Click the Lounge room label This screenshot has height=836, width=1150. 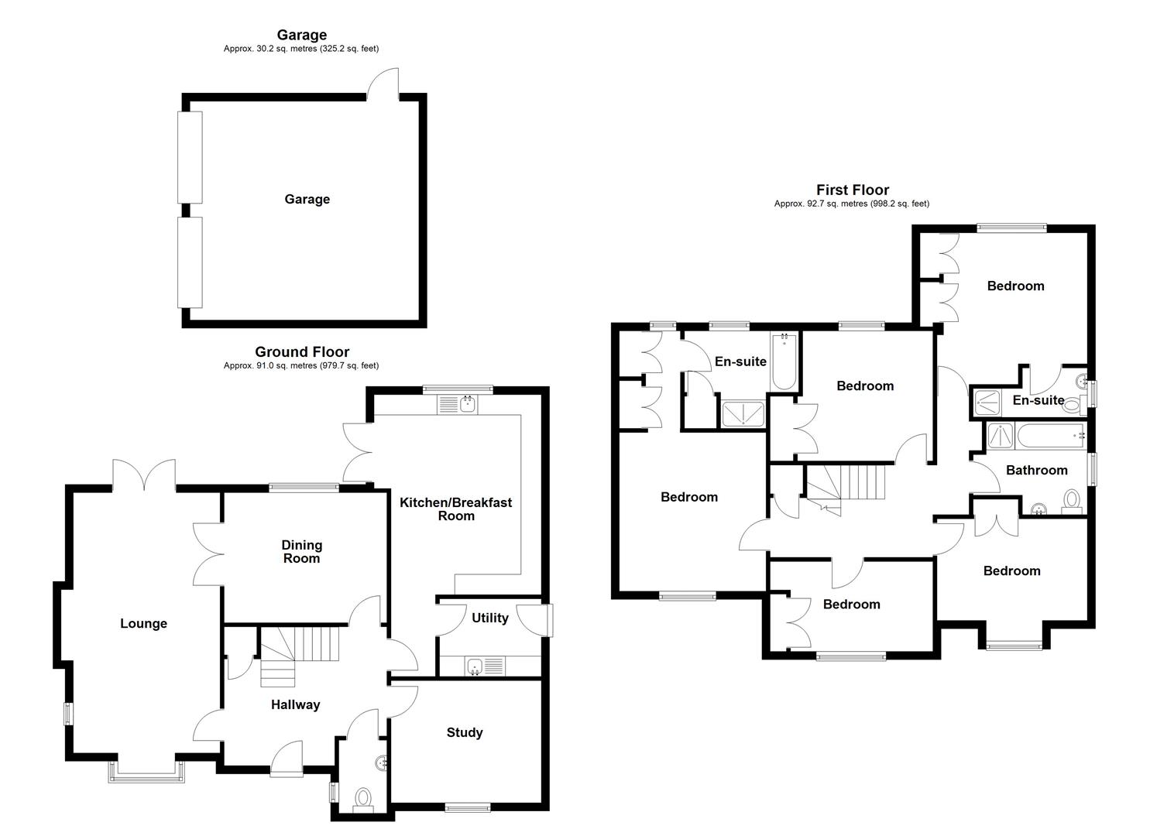tap(143, 623)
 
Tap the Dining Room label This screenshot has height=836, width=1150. tap(301, 552)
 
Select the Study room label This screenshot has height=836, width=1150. tap(465, 732)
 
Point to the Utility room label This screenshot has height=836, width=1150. tap(489, 618)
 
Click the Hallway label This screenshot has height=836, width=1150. tap(295, 704)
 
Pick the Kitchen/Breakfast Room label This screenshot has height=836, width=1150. tap(455, 509)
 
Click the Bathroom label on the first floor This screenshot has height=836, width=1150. tap(1036, 470)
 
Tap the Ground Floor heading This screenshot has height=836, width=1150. tap(302, 352)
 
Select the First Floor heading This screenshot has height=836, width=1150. tap(852, 190)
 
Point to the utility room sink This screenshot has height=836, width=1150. tap(475, 666)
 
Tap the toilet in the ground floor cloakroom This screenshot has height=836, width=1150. tap(362, 797)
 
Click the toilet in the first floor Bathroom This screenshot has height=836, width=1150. tap(1072, 500)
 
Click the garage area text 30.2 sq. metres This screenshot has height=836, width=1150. tap(301, 49)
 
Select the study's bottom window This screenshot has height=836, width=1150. tap(468, 808)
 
